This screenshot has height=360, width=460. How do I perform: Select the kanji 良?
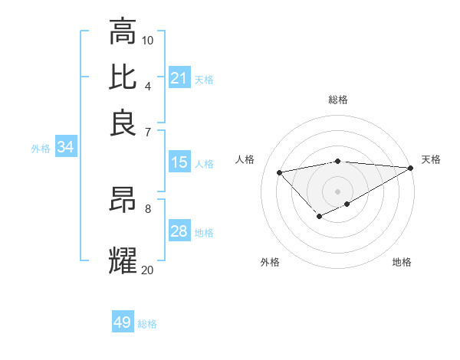point(123,123)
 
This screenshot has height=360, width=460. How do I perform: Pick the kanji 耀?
point(123,260)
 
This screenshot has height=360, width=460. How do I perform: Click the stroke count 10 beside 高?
point(148,40)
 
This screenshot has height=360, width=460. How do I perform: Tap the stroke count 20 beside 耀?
point(148,270)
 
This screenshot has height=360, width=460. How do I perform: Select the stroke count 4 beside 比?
point(147,86)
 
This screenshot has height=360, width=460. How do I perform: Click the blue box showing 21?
point(179,77)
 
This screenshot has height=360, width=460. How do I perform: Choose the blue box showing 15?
point(179,162)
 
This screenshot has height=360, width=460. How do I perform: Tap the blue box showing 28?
point(179,231)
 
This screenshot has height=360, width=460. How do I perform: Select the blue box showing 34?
point(65,148)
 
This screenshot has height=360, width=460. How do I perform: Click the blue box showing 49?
point(123,322)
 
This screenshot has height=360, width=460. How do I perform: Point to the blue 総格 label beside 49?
point(147,324)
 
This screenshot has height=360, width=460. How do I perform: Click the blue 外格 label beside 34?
point(41,149)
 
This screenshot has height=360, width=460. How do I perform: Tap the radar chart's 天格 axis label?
point(431,159)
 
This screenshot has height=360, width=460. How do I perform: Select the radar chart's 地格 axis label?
point(402,262)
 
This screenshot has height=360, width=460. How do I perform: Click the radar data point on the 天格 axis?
point(410,168)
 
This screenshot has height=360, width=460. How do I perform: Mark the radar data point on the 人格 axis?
point(280,172)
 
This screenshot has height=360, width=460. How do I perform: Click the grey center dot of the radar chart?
point(337,191)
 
